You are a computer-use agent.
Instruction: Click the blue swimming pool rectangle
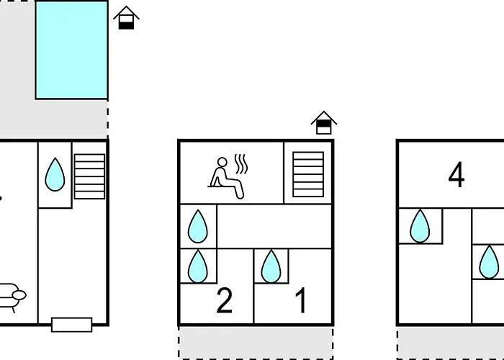tap(71, 50)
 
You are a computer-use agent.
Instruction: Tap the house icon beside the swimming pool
tap(126, 18)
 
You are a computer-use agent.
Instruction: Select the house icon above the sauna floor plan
tap(324, 122)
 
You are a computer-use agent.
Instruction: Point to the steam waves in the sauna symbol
tap(241, 164)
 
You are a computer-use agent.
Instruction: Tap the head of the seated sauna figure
tap(222, 162)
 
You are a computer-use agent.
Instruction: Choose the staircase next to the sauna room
tap(308, 174)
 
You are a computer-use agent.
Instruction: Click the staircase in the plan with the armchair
tap(89, 176)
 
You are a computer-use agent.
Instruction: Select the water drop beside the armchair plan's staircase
tap(55, 174)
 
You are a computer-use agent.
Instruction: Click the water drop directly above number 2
tap(198, 266)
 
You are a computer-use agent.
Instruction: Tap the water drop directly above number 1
tap(271, 266)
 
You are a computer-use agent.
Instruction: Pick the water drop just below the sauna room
tap(198, 226)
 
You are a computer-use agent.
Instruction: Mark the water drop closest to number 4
tap(420, 225)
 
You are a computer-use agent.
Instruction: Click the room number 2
tap(225, 300)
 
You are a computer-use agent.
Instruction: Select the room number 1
tap(301, 300)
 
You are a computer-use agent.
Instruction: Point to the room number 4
tap(456, 174)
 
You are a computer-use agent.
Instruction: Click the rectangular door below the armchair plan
tap(72, 325)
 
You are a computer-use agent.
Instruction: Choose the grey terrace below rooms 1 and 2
tap(256, 343)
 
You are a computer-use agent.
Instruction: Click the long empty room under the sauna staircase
tap(274, 226)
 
